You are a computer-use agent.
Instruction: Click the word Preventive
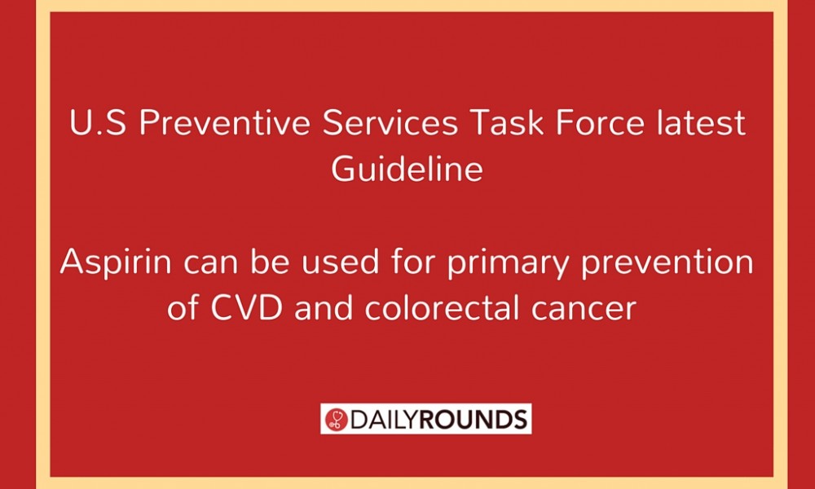point(225,123)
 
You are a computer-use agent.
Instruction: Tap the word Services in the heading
point(390,123)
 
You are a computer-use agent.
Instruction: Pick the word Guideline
point(407,170)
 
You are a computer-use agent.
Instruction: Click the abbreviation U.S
point(98,123)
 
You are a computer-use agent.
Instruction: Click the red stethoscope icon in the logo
point(336,419)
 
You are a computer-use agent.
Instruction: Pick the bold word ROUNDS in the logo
point(473,420)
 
